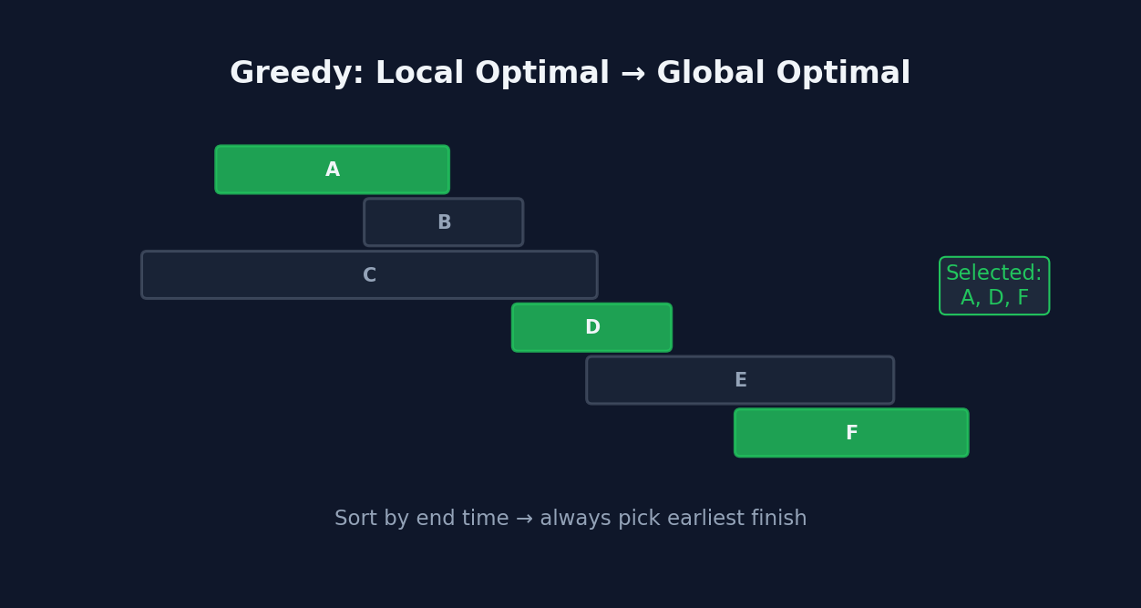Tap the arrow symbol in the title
click(x=632, y=74)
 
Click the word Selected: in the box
click(x=993, y=273)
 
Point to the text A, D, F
click(x=994, y=298)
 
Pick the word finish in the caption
click(x=779, y=519)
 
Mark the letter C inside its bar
click(x=369, y=275)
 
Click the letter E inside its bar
click(x=741, y=380)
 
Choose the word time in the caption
click(x=484, y=519)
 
